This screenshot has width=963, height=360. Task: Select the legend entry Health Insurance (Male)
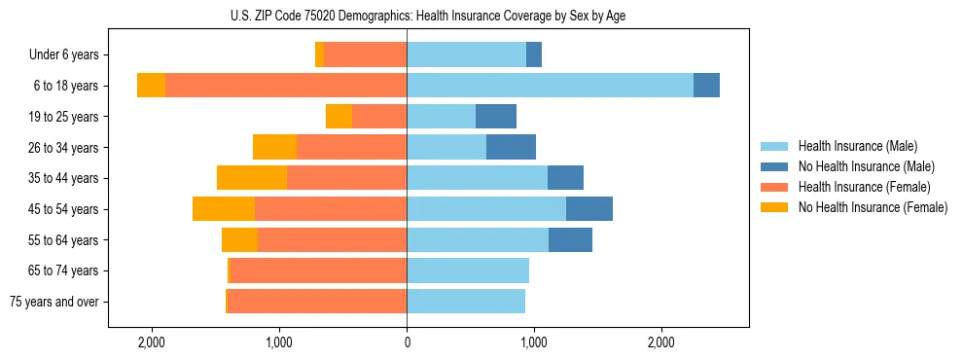point(854,146)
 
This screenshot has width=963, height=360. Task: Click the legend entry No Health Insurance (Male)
point(861,166)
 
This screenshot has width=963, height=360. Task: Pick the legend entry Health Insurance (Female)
point(858,187)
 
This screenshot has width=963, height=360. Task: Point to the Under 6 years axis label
point(63,55)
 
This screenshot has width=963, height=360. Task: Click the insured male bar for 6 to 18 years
point(550,86)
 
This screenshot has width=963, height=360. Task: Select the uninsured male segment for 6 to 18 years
point(706,86)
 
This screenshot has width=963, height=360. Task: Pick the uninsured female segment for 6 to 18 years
point(151,86)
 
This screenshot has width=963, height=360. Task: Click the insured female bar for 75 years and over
point(316,302)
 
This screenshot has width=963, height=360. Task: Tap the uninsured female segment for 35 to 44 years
point(252,178)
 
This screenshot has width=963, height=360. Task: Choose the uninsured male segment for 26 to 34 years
point(511,147)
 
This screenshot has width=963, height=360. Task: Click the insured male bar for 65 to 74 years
point(468,270)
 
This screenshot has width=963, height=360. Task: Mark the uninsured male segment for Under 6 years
point(534,55)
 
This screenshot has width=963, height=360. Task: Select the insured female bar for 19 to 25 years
point(379,117)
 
